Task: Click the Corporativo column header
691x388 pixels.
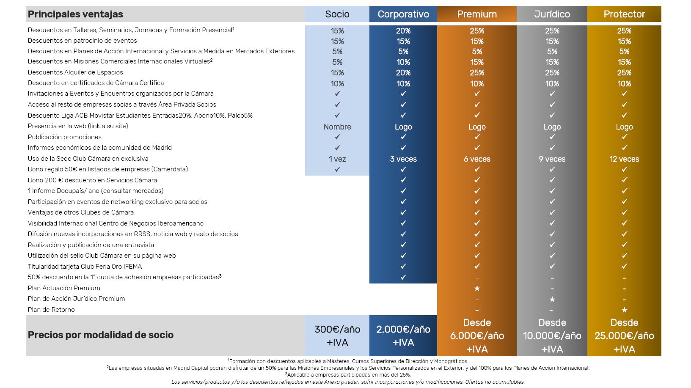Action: [x=403, y=14]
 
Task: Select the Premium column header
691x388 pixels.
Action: [x=476, y=14]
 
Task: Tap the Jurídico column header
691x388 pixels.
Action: [x=552, y=14]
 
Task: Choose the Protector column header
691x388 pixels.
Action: [x=624, y=14]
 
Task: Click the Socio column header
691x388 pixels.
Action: [x=337, y=14]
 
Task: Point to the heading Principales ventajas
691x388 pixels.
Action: [x=75, y=14]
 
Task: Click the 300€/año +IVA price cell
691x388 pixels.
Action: [x=337, y=336]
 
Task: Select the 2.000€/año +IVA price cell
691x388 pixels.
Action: [x=403, y=336]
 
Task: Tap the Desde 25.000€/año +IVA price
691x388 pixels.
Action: [x=624, y=336]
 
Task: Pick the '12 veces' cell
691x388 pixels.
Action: [x=624, y=159]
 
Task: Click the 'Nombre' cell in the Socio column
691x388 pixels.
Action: [x=337, y=127]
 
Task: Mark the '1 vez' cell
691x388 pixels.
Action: [x=337, y=159]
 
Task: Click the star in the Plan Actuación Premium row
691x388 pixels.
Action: [x=477, y=289]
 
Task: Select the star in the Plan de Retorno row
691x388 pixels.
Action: [x=624, y=310]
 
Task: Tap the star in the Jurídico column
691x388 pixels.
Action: [x=552, y=299]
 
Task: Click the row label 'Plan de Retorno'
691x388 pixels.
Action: [x=51, y=310]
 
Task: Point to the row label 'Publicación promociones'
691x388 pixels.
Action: [x=65, y=137]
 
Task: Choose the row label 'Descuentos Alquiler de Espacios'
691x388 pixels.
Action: [x=75, y=72]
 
